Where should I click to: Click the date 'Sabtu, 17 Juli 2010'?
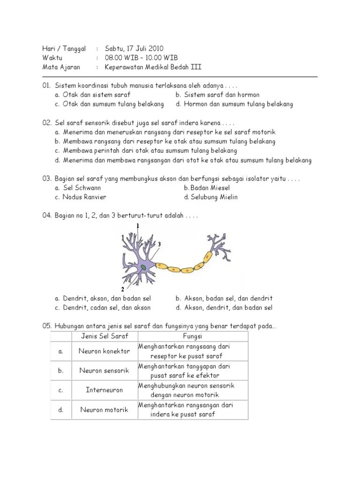pyautogui.click(x=134, y=48)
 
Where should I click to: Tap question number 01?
pyautogui.click(x=46, y=86)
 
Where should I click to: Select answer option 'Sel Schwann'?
pyautogui.click(x=82, y=187)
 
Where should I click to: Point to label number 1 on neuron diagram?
pyautogui.click(x=138, y=226)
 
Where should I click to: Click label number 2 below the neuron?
pyautogui.click(x=123, y=289)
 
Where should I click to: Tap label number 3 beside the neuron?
pyautogui.click(x=159, y=244)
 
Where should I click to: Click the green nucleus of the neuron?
pyautogui.click(x=142, y=267)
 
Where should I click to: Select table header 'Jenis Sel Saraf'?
pyautogui.click(x=104, y=336)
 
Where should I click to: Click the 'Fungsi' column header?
pyautogui.click(x=192, y=336)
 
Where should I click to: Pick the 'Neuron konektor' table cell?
pyautogui.click(x=104, y=351)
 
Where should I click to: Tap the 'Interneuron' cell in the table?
pyautogui.click(x=104, y=390)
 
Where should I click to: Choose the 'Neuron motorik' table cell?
pyautogui.click(x=104, y=410)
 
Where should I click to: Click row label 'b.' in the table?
pyautogui.click(x=61, y=371)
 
